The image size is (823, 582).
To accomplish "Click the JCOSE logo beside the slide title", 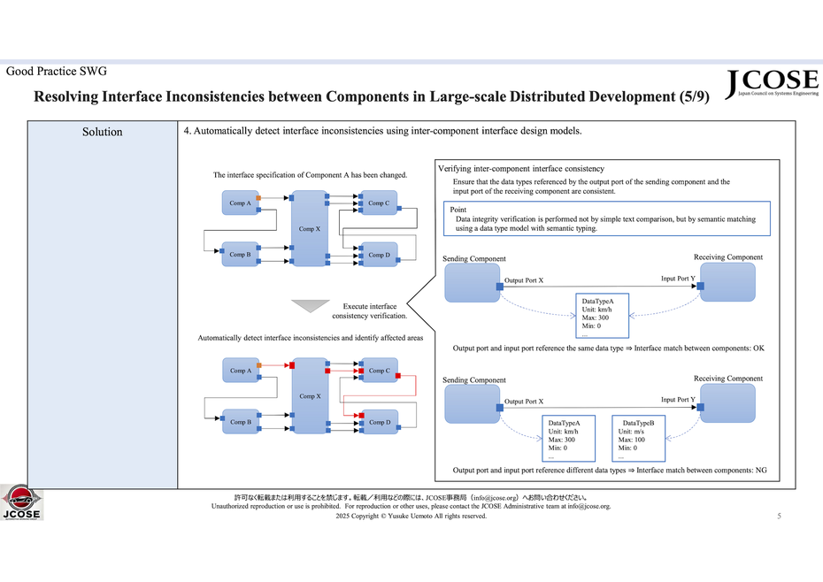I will click(x=772, y=83).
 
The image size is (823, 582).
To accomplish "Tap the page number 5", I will click(x=779, y=517).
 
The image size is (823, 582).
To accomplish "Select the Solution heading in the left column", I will click(x=102, y=132).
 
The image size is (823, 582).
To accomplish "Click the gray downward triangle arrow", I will click(x=310, y=306).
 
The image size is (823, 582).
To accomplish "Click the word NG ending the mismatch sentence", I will click(x=760, y=471).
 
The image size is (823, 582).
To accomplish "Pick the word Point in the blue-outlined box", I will click(x=458, y=210).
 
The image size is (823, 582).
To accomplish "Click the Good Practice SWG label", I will click(x=57, y=71).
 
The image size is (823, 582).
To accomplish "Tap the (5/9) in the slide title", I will click(x=690, y=96).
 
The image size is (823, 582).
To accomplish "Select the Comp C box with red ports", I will click(x=379, y=371).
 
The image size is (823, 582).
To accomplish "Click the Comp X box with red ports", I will click(x=310, y=396).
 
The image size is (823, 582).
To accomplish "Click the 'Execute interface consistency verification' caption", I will click(x=370, y=310).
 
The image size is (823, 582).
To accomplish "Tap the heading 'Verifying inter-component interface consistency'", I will click(x=521, y=168).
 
